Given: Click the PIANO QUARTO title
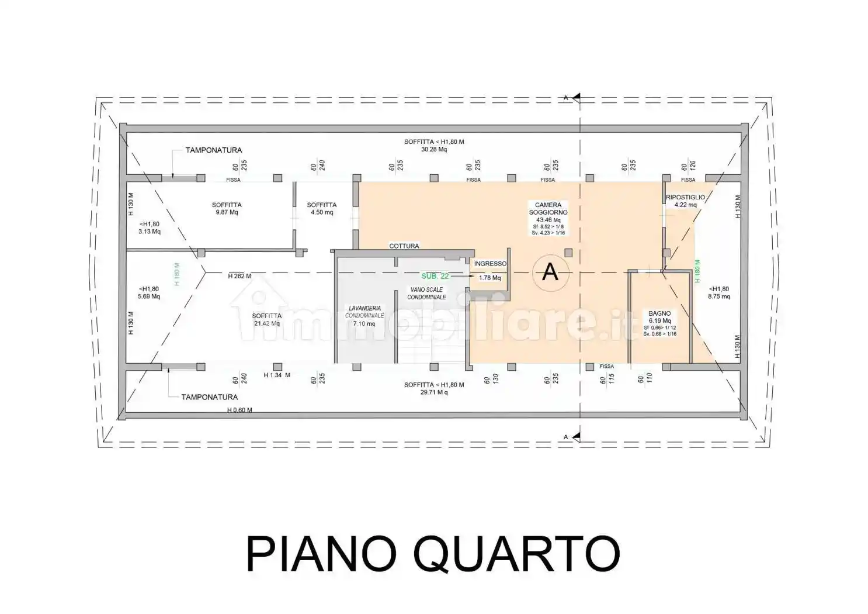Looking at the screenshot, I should [433, 553].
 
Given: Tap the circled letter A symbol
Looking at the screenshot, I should [550, 272].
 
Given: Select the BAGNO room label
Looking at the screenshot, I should [659, 313].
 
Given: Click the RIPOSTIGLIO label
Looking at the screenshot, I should [685, 198].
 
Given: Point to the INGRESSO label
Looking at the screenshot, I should [490, 264].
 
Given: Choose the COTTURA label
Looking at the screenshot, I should [404, 246].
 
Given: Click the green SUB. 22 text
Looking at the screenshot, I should [435, 276].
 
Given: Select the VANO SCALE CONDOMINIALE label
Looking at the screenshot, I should [426, 293].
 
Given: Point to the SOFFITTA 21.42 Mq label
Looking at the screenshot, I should [267, 319].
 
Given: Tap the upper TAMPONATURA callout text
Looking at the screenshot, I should [214, 150].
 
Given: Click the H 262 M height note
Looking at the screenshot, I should [239, 276].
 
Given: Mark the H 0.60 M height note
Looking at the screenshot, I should [239, 410].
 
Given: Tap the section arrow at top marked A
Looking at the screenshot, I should [575, 97].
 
